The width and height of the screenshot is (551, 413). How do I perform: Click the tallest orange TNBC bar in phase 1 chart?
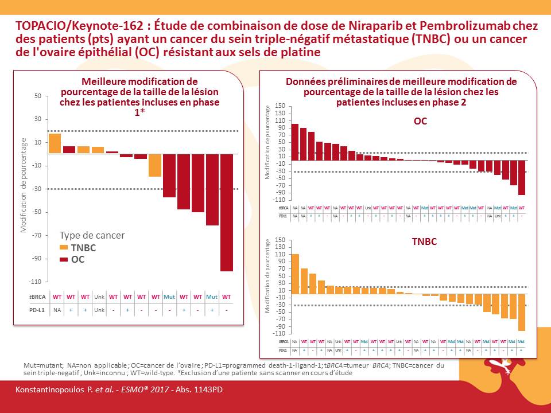(x=55, y=143)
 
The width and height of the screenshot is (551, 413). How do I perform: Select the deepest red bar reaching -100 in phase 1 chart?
(x=227, y=212)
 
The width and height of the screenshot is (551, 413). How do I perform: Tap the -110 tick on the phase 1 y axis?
(x=35, y=282)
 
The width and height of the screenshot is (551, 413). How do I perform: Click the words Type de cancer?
(x=92, y=235)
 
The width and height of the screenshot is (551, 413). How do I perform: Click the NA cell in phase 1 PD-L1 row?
(x=57, y=310)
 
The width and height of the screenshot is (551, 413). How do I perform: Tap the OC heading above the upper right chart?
(x=420, y=121)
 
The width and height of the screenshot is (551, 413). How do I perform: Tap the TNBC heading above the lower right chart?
(x=424, y=241)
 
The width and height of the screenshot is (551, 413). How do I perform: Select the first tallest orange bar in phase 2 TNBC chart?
(x=295, y=273)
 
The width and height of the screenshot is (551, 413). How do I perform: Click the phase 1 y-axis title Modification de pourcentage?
(x=24, y=185)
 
